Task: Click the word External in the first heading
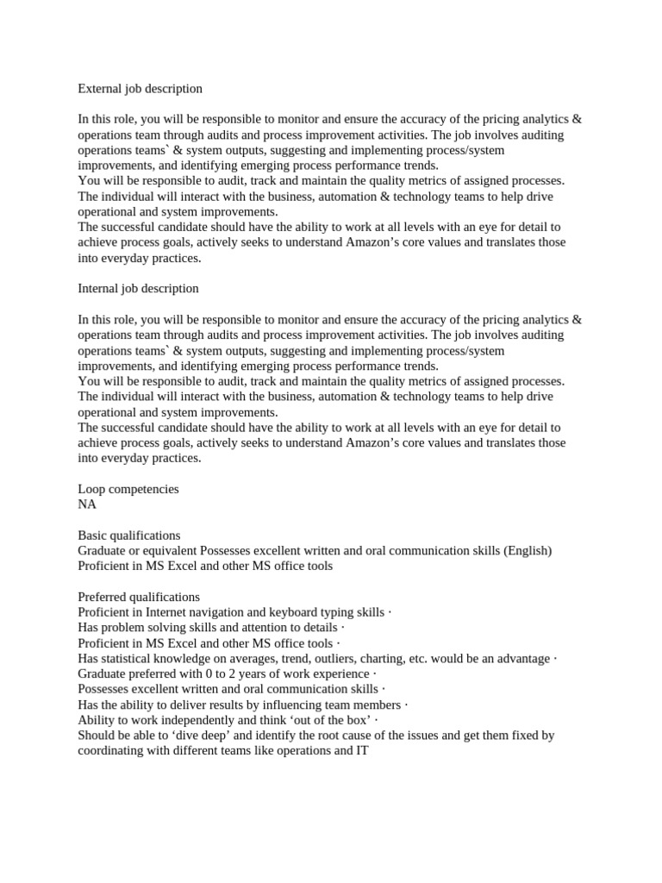click(x=99, y=88)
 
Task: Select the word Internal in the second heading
click(x=97, y=288)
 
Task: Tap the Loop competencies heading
click(x=128, y=489)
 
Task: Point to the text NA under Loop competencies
click(x=87, y=504)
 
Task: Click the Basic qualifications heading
click(x=129, y=535)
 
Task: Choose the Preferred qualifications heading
click(x=139, y=597)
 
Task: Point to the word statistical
click(x=128, y=659)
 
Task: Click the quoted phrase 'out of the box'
click(x=328, y=720)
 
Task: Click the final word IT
click(x=362, y=751)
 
